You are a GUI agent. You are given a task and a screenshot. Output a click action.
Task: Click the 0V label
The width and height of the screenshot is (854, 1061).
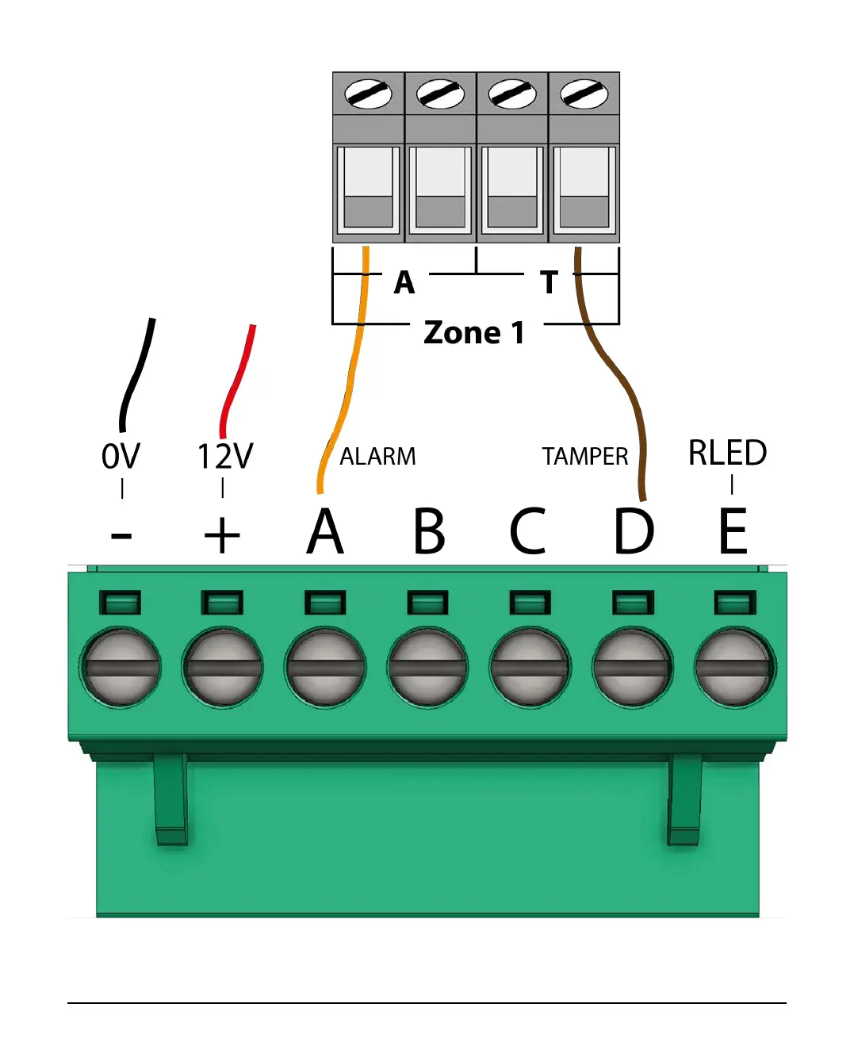click(x=121, y=456)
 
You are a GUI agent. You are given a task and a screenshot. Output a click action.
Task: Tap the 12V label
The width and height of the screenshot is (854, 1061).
click(x=224, y=456)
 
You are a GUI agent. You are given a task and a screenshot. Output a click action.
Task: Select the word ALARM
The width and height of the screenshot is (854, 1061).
click(x=377, y=457)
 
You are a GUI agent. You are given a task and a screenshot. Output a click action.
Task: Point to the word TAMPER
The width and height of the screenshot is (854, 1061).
click(x=584, y=457)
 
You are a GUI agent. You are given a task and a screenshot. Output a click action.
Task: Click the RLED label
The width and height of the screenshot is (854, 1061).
click(x=727, y=453)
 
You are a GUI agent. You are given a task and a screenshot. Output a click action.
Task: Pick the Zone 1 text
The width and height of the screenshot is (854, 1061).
click(x=474, y=332)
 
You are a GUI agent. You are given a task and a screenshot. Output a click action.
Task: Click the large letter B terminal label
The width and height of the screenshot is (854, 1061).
click(x=429, y=530)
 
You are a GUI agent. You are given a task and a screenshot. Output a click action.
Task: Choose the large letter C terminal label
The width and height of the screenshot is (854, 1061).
click(x=528, y=530)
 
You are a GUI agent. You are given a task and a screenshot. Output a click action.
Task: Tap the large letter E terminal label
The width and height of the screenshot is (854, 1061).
click(x=733, y=530)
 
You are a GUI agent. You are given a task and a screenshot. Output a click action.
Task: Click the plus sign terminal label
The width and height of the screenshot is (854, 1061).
click(x=222, y=535)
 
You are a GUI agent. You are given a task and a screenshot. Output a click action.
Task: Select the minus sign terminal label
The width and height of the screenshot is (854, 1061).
click(x=121, y=537)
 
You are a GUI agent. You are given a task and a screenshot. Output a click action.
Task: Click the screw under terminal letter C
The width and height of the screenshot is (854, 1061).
click(x=530, y=667)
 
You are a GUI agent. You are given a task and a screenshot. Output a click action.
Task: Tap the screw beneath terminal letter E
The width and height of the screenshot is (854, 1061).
click(x=734, y=667)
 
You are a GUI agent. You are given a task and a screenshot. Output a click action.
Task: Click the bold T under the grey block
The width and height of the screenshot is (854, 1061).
click(x=550, y=282)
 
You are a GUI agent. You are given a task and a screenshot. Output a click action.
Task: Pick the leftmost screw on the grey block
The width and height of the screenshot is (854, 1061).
click(x=369, y=94)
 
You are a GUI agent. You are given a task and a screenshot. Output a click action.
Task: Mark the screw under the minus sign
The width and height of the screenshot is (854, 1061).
click(x=121, y=667)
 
